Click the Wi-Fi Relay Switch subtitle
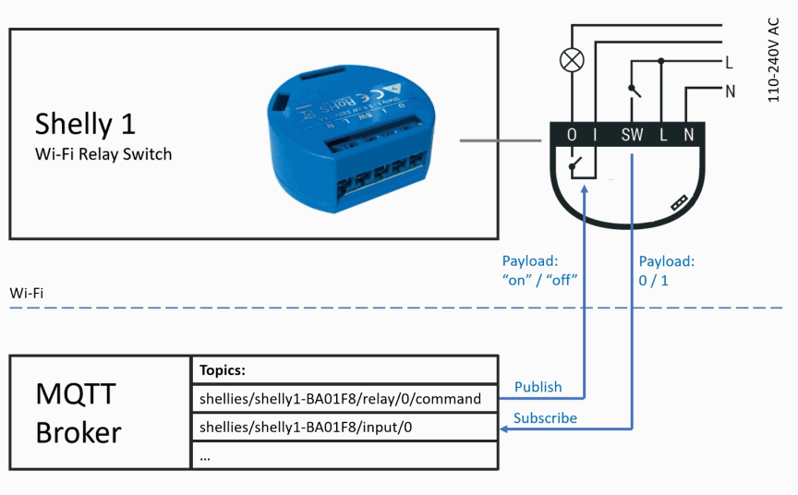[x=103, y=154]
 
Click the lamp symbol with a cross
[x=573, y=61]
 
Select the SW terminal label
[x=633, y=136]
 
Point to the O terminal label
[x=573, y=136]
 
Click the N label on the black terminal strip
[x=688, y=136]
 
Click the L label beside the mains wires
[x=729, y=63]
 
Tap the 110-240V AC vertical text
[x=774, y=60]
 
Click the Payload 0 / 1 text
[x=666, y=271]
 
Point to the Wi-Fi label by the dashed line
[x=27, y=294]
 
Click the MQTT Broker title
[x=78, y=413]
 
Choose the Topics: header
[x=222, y=370]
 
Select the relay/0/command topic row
[x=340, y=399]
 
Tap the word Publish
[x=538, y=387]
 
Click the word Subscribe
[x=545, y=418]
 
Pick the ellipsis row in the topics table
[x=205, y=455]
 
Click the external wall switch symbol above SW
[x=634, y=90]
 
